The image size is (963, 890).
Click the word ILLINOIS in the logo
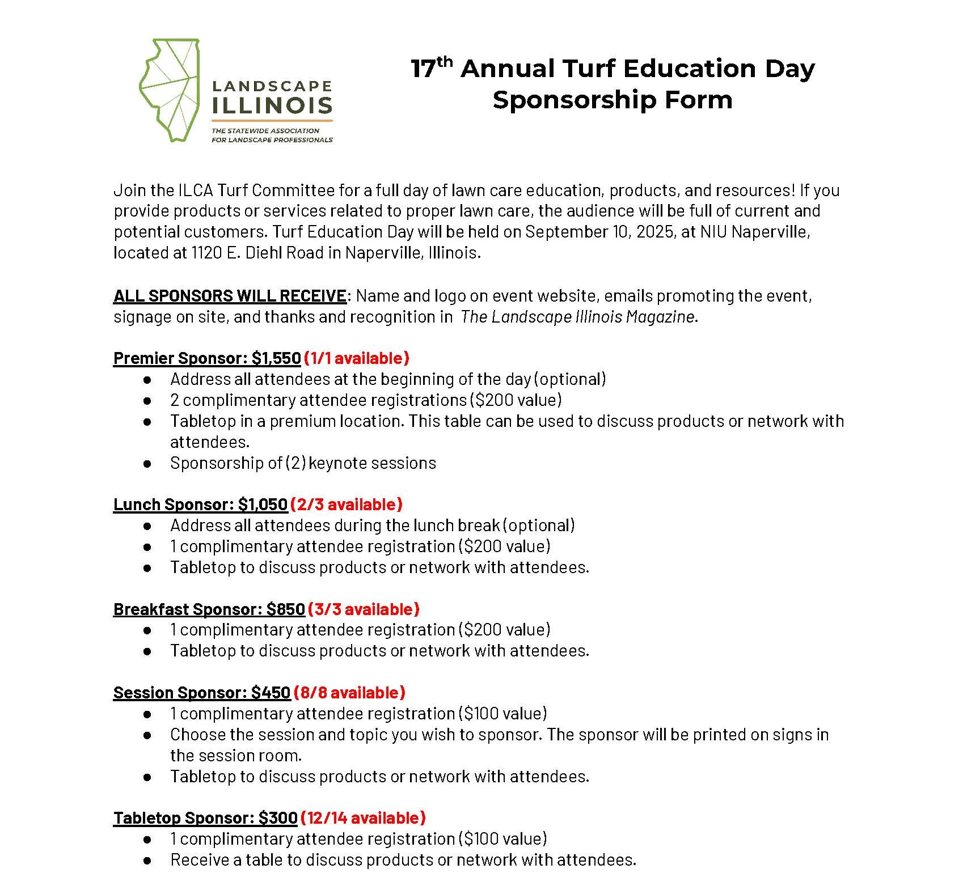(x=272, y=105)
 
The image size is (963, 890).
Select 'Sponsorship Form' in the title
(x=613, y=100)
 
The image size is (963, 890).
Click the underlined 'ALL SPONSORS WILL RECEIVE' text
(x=230, y=296)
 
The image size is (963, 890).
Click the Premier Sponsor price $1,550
(x=276, y=358)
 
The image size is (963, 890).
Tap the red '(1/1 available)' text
(x=356, y=358)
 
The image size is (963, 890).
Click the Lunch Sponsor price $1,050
(x=263, y=505)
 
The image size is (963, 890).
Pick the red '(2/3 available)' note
(x=346, y=505)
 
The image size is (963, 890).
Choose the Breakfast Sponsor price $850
(x=286, y=609)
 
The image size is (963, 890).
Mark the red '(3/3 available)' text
(x=364, y=609)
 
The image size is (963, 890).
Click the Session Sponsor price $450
(x=271, y=693)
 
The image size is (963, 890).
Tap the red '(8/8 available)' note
(x=349, y=693)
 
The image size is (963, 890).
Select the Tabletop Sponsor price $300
(x=278, y=818)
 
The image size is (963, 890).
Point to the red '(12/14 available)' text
(x=363, y=818)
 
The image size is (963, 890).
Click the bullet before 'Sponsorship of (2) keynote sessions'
(x=147, y=464)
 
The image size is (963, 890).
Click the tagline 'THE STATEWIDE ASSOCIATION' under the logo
(x=265, y=131)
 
